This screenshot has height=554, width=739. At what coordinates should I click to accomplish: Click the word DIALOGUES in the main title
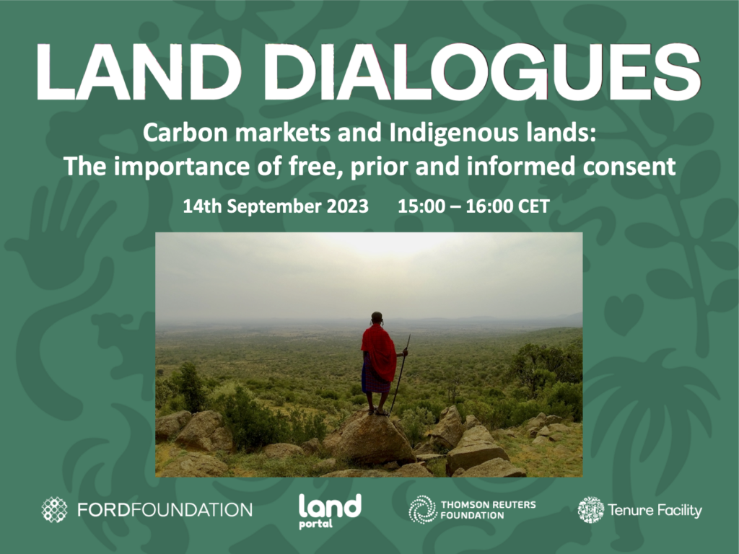click(481, 71)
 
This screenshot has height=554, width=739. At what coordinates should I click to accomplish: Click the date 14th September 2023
click(276, 206)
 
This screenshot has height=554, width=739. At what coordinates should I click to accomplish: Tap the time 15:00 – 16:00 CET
click(473, 206)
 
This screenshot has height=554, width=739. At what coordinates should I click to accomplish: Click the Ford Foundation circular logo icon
click(54, 510)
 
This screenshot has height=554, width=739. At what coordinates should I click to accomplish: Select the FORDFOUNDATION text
click(165, 510)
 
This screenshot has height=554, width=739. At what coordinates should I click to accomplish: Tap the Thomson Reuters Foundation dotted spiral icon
click(422, 510)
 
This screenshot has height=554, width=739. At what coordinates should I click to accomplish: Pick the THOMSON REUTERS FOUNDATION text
click(488, 510)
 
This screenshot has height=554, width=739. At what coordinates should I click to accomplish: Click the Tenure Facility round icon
click(590, 510)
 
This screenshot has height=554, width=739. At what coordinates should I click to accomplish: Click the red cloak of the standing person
click(378, 353)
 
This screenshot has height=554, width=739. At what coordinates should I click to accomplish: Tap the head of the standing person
click(377, 318)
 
